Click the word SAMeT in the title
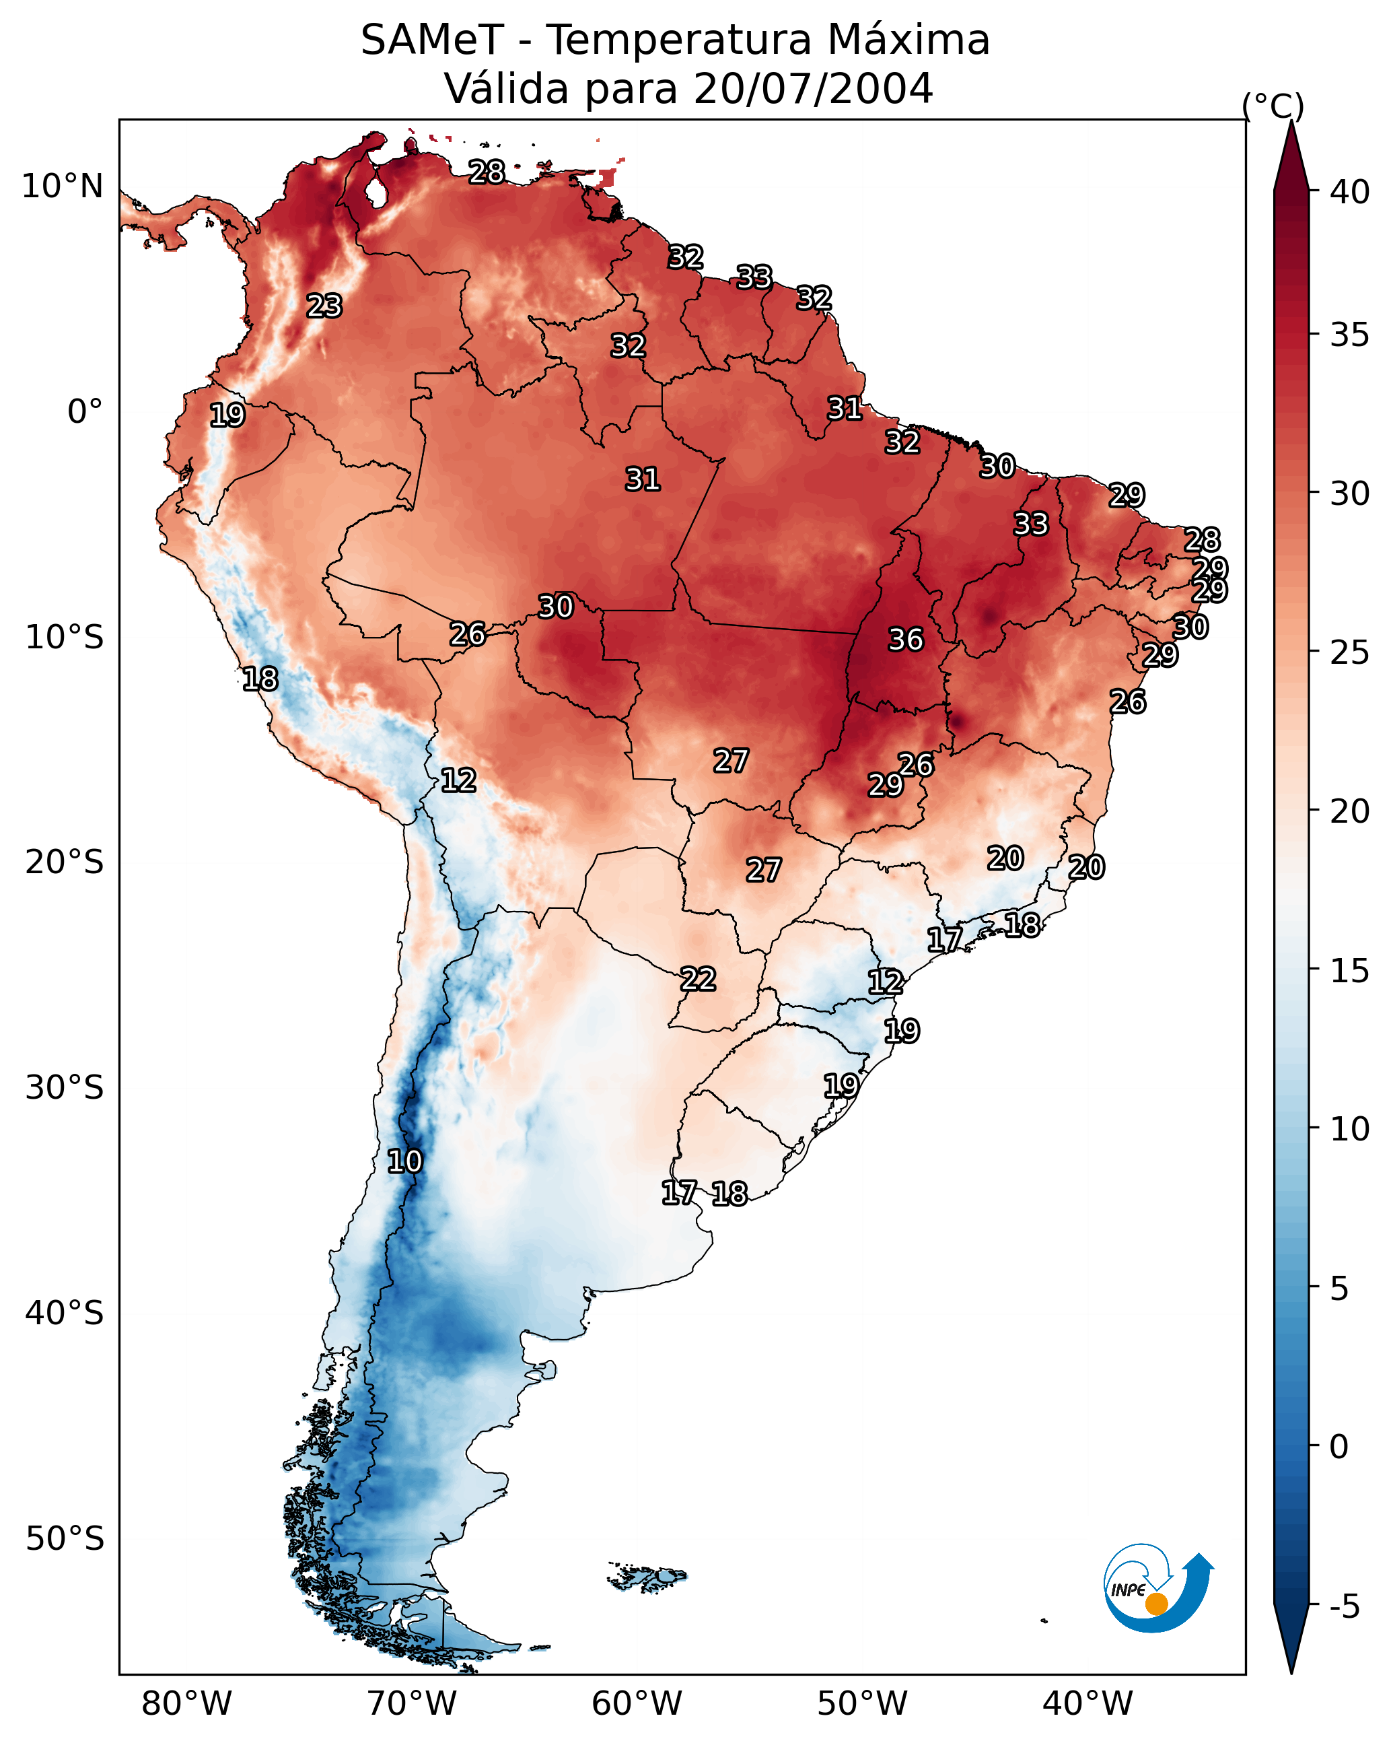[x=432, y=40]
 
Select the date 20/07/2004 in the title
[x=813, y=89]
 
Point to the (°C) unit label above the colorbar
[x=1273, y=106]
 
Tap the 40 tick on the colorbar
[x=1350, y=192]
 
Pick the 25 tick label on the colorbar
[x=1350, y=652]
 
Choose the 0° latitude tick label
[x=85, y=412]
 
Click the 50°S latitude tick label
[x=65, y=1539]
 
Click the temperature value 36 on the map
[x=906, y=640]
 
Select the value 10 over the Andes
[x=404, y=1161]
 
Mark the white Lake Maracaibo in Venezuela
[x=376, y=193]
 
